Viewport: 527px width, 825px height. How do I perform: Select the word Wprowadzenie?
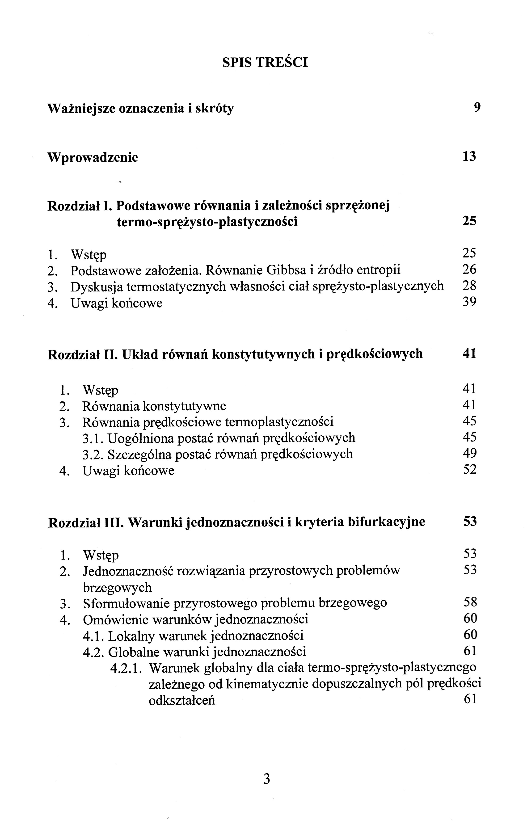pos(93,158)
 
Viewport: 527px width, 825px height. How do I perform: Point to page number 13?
pos(469,156)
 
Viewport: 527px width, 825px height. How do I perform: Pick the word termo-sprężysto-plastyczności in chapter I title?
pos(207,222)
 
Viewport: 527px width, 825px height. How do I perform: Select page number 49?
pos(469,453)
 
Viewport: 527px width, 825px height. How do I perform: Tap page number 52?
pos(469,469)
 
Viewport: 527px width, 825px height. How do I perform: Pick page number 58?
pos(470,602)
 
